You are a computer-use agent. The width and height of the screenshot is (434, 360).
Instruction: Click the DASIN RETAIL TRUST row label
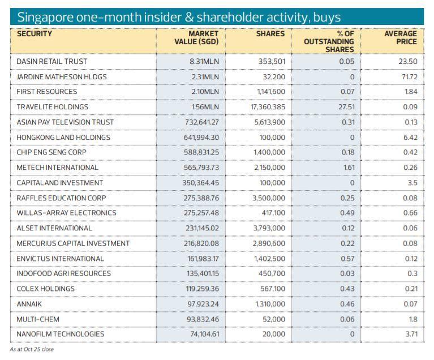click(x=52, y=61)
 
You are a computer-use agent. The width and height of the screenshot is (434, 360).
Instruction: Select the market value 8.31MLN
click(x=204, y=61)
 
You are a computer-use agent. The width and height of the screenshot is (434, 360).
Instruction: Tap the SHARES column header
click(x=270, y=34)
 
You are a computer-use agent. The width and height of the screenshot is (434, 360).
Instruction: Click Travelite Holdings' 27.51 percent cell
click(x=345, y=107)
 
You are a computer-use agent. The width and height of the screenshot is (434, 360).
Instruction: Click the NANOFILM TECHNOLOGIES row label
click(x=61, y=334)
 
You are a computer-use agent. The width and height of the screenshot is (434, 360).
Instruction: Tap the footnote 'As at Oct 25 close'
click(x=32, y=349)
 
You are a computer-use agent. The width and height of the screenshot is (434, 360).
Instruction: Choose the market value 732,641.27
click(x=197, y=122)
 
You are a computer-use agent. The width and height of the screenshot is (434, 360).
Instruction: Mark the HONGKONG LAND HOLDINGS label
click(x=63, y=138)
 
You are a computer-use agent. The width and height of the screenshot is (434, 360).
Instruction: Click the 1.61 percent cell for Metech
click(x=347, y=168)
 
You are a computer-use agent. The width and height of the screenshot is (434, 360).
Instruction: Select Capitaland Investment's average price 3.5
click(x=411, y=183)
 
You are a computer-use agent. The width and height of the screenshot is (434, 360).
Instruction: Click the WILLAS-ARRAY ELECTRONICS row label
click(x=66, y=213)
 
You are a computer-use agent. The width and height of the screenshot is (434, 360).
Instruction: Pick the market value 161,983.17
click(x=197, y=259)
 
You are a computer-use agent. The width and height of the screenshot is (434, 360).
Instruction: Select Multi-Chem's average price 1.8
click(x=412, y=319)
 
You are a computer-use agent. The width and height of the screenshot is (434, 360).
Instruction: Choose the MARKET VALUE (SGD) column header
click(x=196, y=37)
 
